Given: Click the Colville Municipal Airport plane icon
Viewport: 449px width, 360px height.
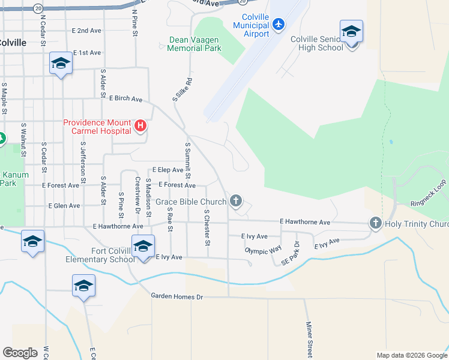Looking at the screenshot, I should click(278, 24).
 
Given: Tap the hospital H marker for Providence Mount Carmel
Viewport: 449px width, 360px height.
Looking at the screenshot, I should click(140, 125).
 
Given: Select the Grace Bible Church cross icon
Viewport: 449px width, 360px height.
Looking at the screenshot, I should click(237, 201).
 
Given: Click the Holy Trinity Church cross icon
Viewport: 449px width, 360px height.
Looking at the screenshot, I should click(376, 224).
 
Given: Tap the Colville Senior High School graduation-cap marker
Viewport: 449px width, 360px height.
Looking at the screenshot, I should click(351, 31).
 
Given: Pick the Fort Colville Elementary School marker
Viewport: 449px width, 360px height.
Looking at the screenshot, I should click(143, 246).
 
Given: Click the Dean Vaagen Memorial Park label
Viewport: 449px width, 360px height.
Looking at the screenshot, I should click(194, 44).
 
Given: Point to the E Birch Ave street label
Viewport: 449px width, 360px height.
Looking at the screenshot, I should click(125, 98).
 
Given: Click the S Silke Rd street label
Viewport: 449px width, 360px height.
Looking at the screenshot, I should click(182, 89).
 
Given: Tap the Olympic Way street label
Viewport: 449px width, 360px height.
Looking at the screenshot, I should click(263, 250).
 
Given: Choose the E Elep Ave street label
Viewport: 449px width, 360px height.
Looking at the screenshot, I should click(167, 170).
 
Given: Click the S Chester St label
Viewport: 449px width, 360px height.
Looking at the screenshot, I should click(206, 227).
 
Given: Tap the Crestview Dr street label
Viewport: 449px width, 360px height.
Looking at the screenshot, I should click(138, 195).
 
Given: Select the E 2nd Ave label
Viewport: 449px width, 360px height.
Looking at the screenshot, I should click(86, 30).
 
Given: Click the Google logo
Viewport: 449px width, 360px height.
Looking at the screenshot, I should click(20, 353).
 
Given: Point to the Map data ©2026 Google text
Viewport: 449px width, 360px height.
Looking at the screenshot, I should click(411, 355).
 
